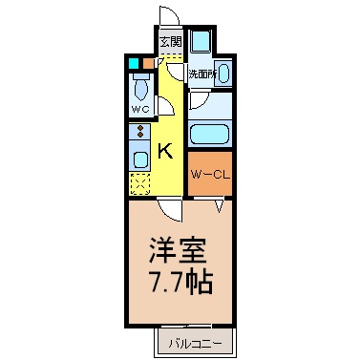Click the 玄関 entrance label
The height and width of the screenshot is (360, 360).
[x=170, y=42]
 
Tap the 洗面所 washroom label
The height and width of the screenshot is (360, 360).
[x=201, y=74]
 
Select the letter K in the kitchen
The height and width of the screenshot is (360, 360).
[x=165, y=150]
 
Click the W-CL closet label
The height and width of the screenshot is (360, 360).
[x=207, y=174]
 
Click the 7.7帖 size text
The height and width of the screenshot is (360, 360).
[x=179, y=284]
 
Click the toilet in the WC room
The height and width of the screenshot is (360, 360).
[x=140, y=91]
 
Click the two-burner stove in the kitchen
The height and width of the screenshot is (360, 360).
[x=138, y=133]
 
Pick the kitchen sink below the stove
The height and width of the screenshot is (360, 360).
[x=139, y=159]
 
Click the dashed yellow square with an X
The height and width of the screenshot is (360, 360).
[x=139, y=181]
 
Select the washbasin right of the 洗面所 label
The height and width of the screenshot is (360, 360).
[x=224, y=71]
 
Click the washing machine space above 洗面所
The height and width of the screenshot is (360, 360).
[x=202, y=44]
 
